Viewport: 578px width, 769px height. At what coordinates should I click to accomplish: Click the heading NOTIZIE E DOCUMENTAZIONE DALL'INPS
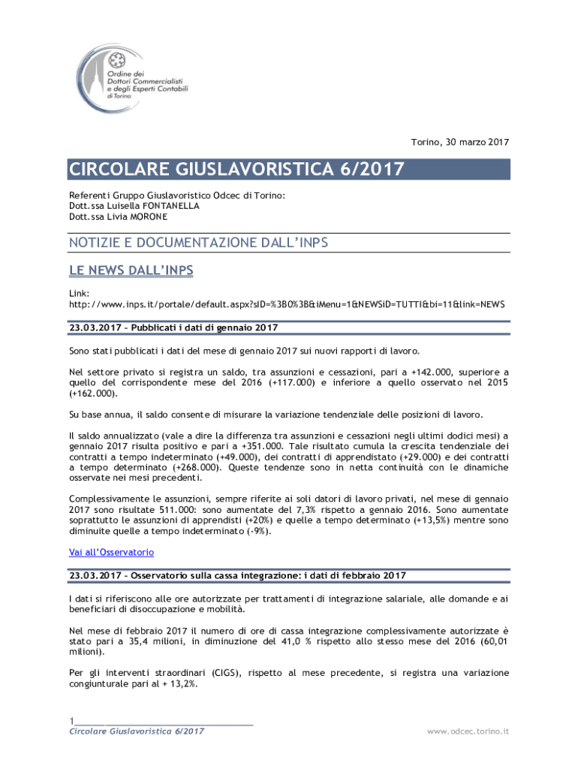[199, 243]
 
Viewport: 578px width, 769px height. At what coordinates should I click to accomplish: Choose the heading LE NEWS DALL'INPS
[131, 270]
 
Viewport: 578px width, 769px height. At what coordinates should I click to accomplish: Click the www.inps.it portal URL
[287, 304]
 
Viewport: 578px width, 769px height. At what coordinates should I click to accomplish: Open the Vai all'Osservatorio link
[111, 552]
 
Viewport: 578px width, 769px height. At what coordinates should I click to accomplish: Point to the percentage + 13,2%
[176, 683]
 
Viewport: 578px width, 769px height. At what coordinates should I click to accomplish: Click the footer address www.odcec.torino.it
[468, 731]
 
